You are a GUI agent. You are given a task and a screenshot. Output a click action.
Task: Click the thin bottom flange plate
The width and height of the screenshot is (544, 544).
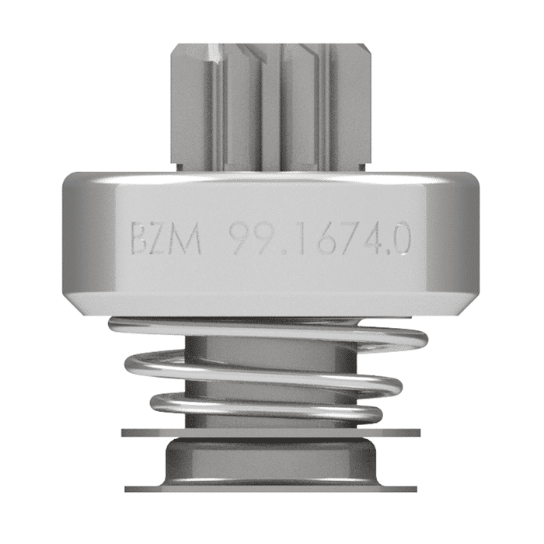tap(272, 488)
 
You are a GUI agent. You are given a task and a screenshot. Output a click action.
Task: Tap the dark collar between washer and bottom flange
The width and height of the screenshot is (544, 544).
tap(272, 459)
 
